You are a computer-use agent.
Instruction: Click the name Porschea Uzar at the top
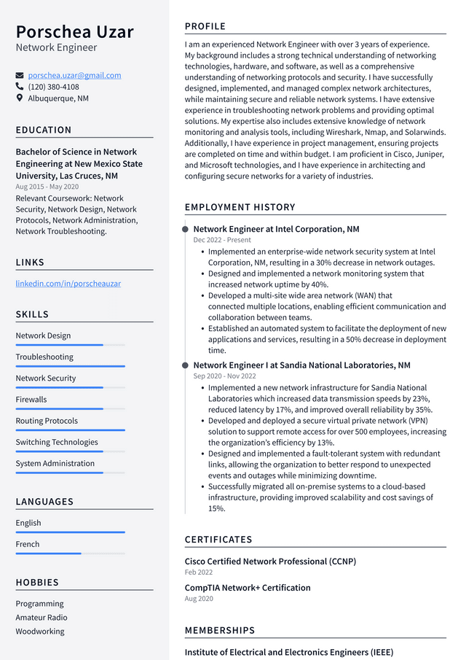point(75,32)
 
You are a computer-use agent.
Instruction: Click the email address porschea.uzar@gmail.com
point(74,75)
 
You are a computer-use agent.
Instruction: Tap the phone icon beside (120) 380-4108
point(20,87)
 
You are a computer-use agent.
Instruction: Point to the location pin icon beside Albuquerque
point(20,98)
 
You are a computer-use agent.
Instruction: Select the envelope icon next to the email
point(20,75)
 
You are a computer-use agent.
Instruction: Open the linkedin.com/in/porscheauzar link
point(68,283)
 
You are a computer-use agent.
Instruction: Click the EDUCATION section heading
point(44,130)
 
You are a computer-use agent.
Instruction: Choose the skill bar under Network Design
point(70,345)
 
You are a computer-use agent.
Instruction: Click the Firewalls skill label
point(31,400)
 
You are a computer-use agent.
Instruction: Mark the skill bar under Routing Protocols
point(70,430)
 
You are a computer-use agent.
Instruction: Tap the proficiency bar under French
point(70,554)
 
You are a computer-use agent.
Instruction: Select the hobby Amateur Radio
point(42,618)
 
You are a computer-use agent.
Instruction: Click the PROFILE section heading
point(205,26)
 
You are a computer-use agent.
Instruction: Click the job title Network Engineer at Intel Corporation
point(276,229)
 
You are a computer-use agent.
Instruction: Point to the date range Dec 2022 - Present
point(222,240)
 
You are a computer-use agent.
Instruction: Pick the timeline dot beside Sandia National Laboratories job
point(185,365)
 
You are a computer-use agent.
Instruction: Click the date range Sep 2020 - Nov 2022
point(224,376)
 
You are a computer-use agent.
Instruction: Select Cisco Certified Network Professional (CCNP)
point(270,562)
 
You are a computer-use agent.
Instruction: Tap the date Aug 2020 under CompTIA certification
point(199,599)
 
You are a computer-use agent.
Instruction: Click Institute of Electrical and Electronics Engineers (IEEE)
point(288,652)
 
